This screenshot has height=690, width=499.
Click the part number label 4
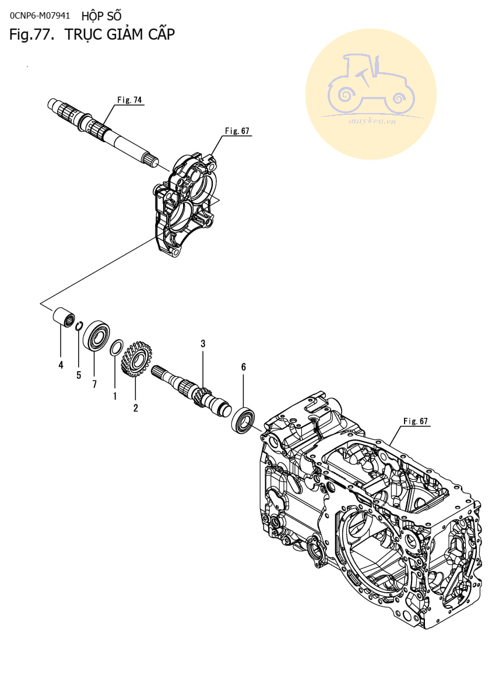pos(61,365)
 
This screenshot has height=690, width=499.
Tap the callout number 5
pos(79,375)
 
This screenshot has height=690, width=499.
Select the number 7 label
pos(94,385)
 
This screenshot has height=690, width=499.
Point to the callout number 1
pos(115,396)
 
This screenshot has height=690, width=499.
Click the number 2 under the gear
pos(135,408)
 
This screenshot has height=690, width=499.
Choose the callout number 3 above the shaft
pos(203,344)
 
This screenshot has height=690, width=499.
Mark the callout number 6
pos(243,367)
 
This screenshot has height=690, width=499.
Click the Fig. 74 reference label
pos(129,100)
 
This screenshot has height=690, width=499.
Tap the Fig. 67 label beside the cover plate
pos(237,131)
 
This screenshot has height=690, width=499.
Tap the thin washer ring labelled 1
pos(116,348)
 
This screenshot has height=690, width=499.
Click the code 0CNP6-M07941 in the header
pos(40,15)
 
